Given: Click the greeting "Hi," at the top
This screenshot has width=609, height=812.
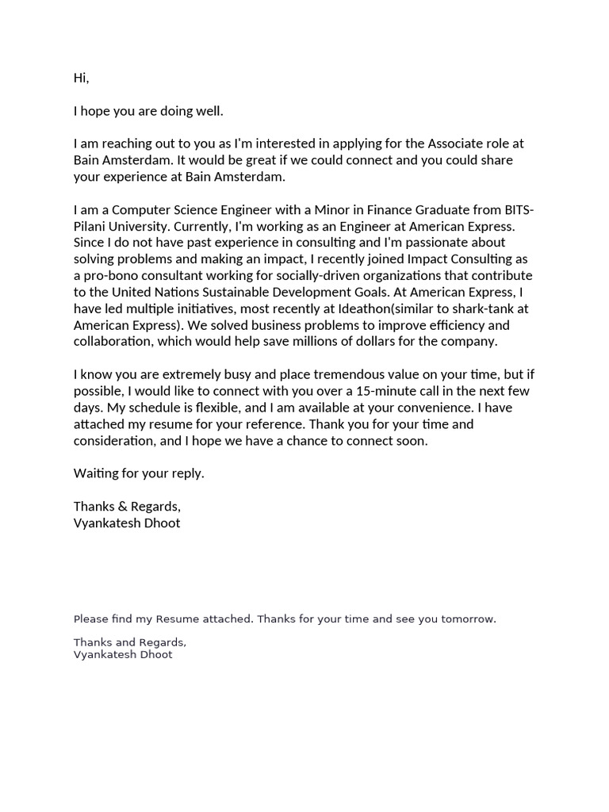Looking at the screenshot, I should (82, 78).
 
